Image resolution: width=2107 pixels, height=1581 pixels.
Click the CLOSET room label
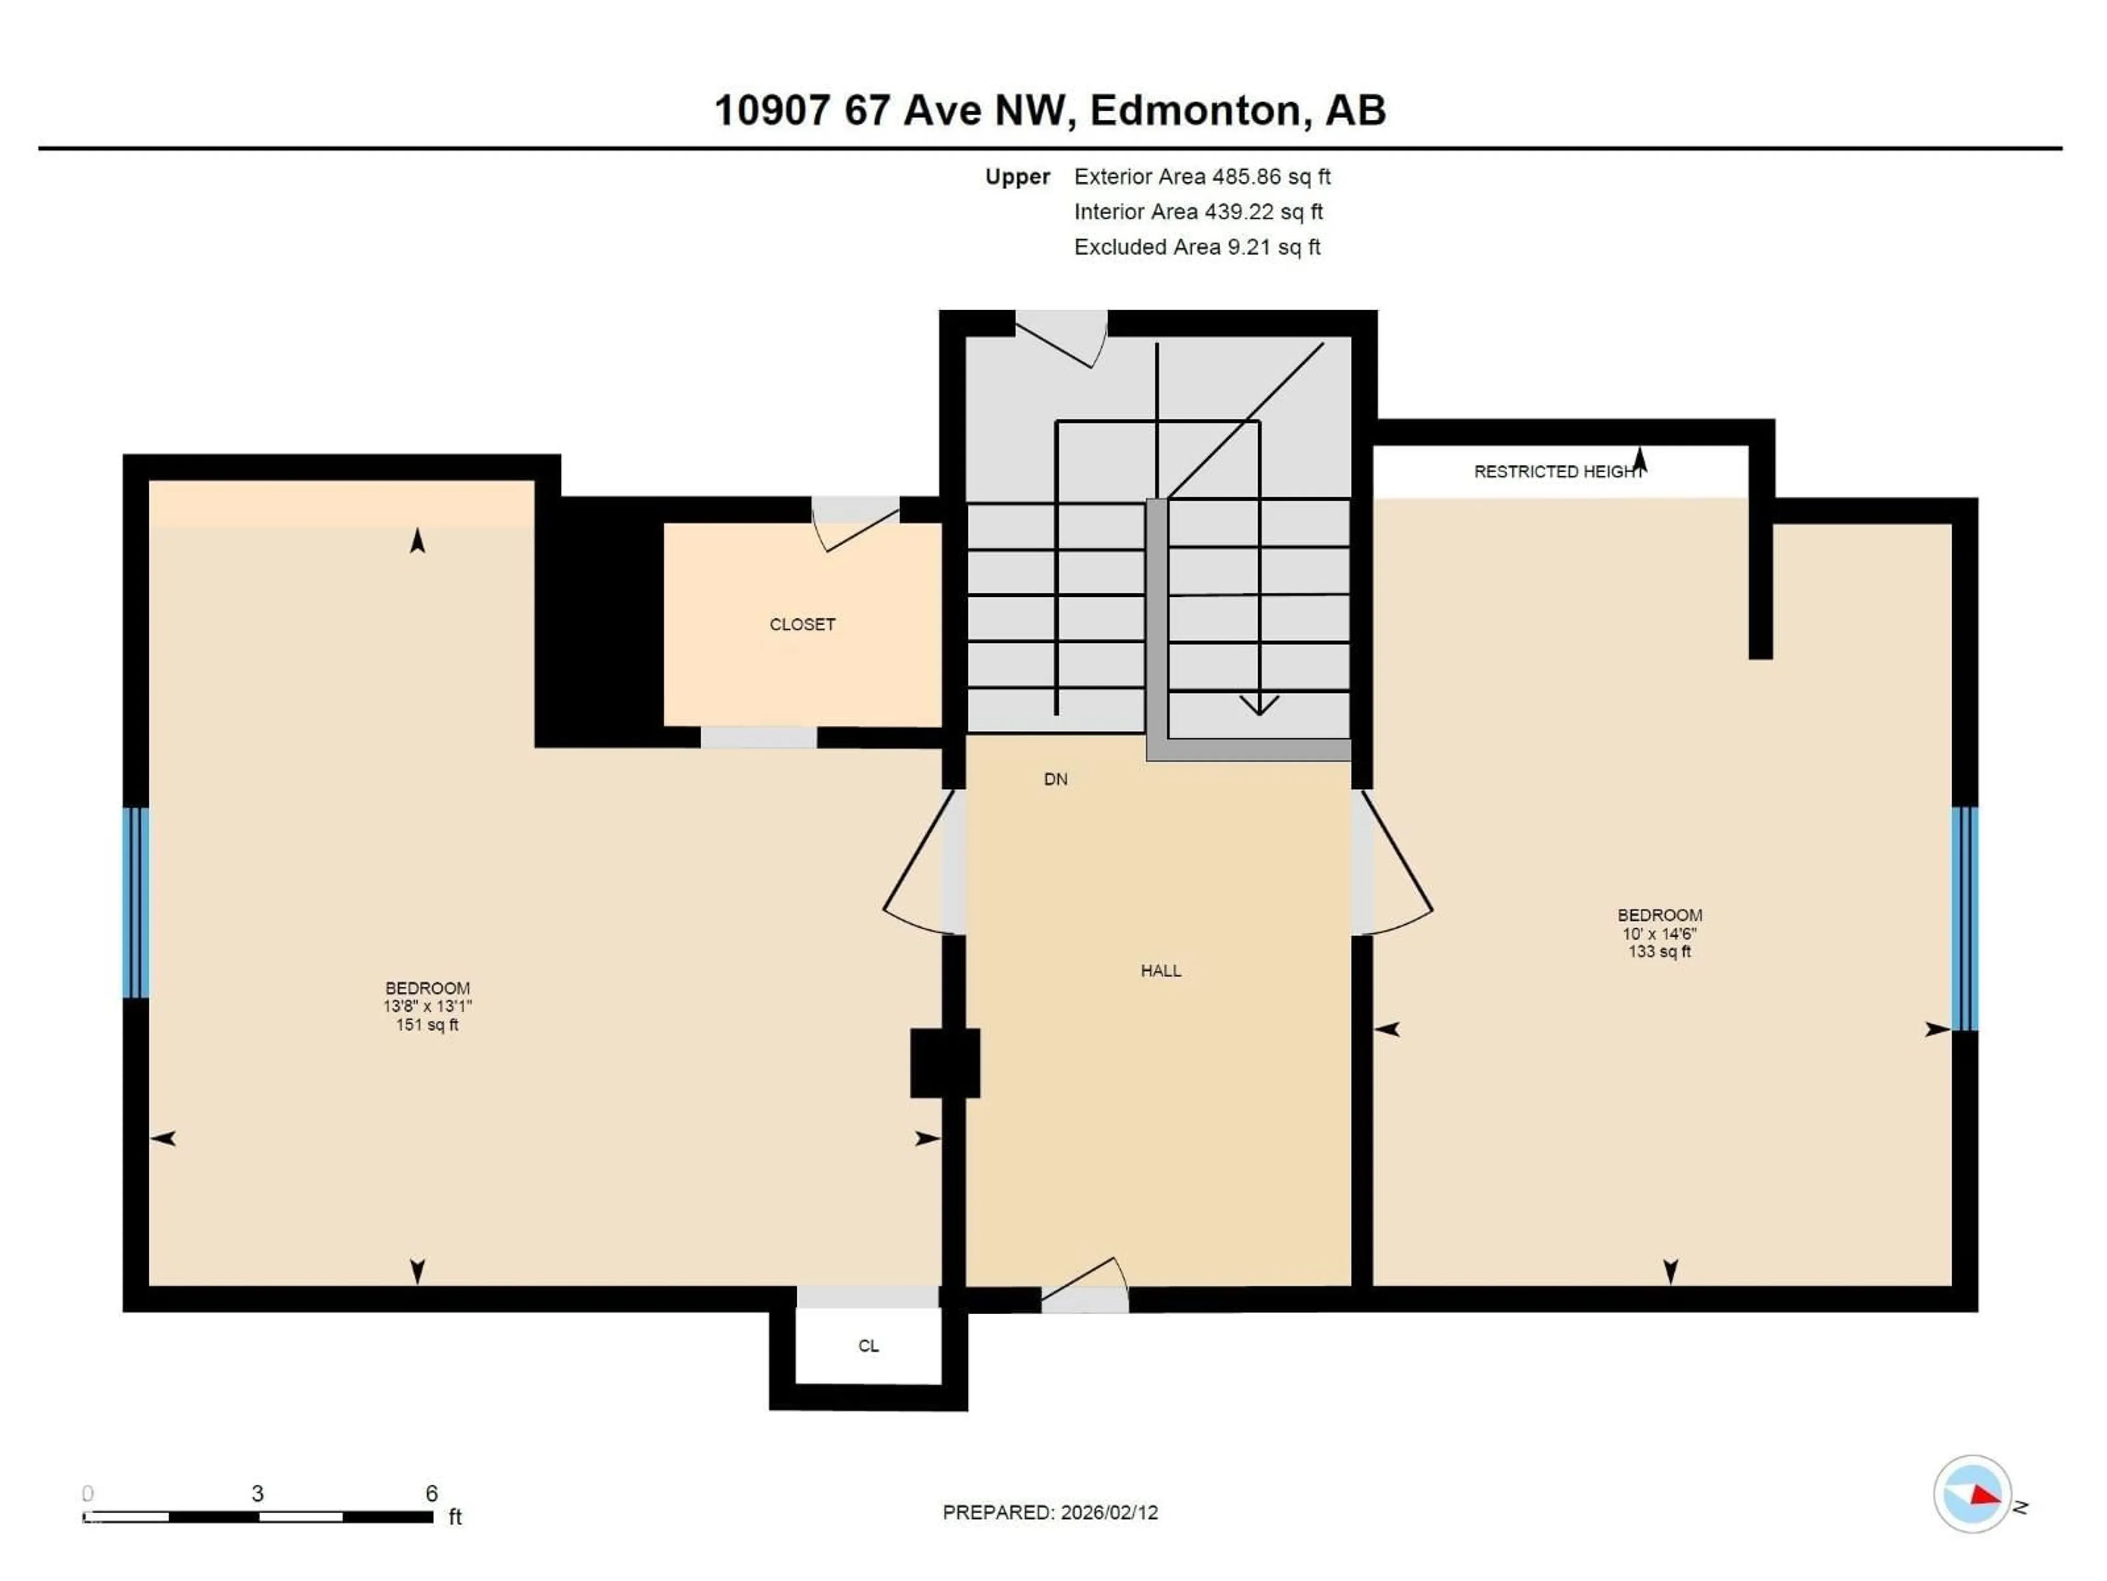coord(802,624)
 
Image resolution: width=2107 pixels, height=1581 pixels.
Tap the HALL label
coord(1160,970)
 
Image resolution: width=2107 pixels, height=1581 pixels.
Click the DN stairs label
coord(1055,778)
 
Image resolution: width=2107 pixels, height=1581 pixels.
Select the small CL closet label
coord(867,1345)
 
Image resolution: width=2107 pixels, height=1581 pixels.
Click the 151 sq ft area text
coord(427,1024)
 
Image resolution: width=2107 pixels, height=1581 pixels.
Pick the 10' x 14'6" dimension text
coord(1659,934)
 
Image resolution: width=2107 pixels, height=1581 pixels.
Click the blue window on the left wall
coord(136,901)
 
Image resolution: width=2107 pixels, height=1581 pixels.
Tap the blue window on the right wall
coord(1964,918)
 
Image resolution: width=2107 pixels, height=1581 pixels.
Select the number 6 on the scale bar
coord(431,1493)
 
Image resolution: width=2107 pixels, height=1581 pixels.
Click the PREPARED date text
coord(1050,1511)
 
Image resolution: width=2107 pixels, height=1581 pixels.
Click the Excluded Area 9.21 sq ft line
coord(1196,247)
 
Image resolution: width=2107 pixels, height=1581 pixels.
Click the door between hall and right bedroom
coord(1393,862)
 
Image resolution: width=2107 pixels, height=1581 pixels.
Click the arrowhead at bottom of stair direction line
coord(1259,705)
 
